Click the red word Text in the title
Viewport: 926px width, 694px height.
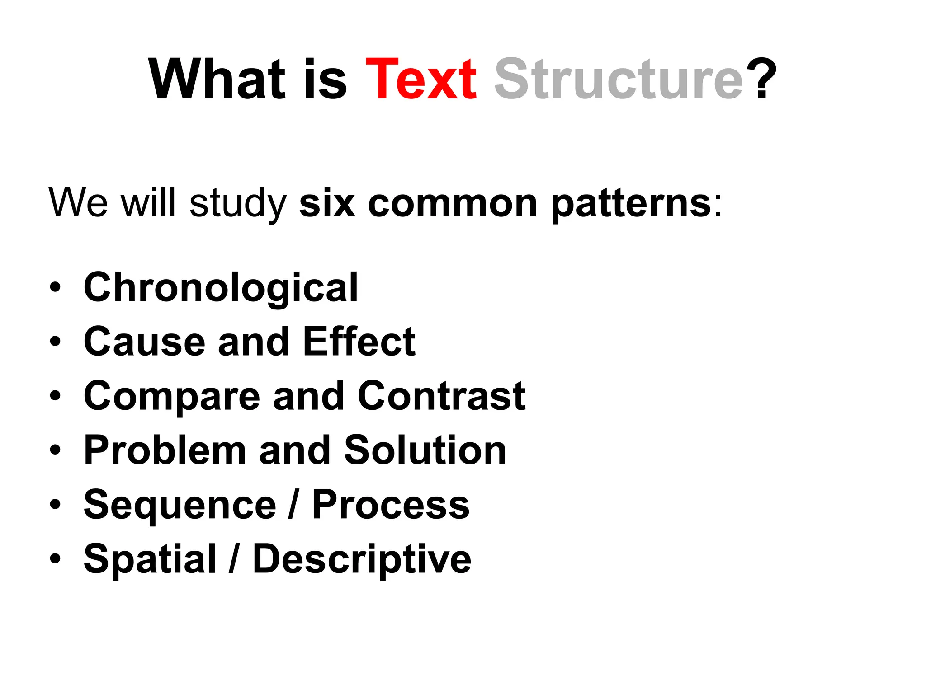(420, 80)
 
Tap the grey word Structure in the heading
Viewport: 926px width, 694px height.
(619, 80)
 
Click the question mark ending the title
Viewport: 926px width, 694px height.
(761, 80)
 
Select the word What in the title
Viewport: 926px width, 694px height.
(217, 80)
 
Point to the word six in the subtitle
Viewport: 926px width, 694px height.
(326, 203)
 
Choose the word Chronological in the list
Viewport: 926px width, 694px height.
(221, 288)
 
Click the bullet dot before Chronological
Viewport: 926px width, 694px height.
(55, 288)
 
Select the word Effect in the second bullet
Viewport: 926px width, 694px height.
(359, 342)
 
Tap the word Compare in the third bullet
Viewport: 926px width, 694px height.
(172, 397)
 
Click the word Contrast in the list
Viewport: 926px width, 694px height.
(441, 396)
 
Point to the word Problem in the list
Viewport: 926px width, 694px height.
(165, 450)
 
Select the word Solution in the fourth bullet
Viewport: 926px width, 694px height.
(425, 450)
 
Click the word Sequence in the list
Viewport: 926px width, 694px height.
(180, 505)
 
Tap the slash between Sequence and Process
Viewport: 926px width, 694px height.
(293, 504)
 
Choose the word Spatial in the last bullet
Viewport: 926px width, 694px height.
(150, 559)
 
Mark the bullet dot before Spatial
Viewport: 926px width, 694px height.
(55, 559)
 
